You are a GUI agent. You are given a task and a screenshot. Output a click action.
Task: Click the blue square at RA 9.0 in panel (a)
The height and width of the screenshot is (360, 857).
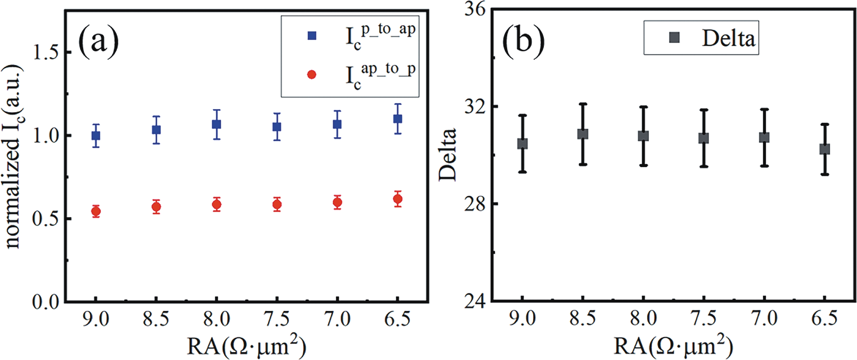point(96,136)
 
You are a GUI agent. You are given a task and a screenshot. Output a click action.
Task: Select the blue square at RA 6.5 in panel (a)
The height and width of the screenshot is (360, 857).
point(397,119)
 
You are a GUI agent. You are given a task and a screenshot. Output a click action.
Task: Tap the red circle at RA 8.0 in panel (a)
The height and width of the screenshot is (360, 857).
point(217,205)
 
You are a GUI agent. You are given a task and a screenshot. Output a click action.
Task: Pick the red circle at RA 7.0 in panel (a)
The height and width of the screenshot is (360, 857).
point(337,202)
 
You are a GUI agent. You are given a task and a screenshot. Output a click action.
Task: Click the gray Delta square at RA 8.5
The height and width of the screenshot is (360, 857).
point(583,134)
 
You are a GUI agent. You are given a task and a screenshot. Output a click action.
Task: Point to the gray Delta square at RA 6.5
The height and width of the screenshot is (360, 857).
point(824,149)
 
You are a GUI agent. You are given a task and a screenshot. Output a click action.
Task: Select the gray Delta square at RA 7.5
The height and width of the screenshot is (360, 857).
point(704,138)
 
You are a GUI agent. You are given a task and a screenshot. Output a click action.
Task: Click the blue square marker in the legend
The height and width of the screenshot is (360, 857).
point(312,36)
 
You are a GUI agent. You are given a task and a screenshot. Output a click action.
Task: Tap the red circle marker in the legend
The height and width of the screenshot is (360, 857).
point(312,75)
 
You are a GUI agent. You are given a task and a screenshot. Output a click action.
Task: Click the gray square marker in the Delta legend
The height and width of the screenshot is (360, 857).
point(674,38)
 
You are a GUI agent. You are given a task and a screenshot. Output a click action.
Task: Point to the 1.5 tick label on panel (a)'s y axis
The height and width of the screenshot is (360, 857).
point(46,53)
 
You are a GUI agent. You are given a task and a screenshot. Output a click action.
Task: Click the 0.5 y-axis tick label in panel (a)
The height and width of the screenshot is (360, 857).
point(46,219)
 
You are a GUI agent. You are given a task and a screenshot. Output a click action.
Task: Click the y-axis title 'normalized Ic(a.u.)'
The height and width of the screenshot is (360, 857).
point(13,156)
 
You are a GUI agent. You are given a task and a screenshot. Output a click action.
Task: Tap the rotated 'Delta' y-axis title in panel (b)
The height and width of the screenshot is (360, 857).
point(448,155)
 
